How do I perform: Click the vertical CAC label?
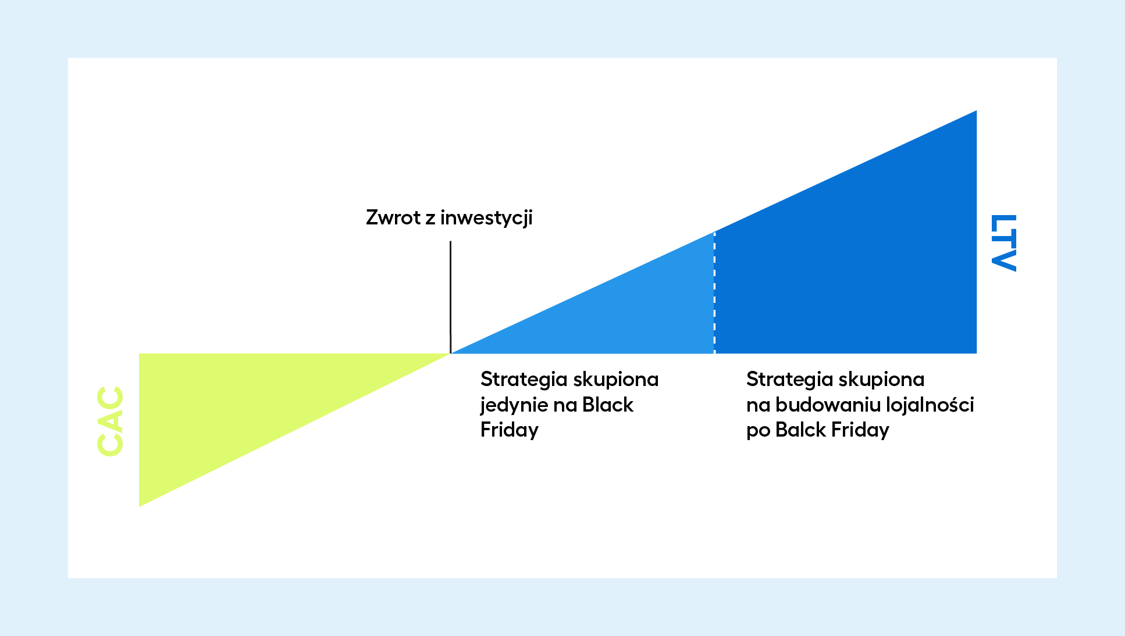110,421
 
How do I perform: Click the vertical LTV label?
1003,242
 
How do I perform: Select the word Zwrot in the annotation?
393,217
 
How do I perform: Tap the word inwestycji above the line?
486,218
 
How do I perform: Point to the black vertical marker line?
450,296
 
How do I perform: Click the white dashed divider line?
714,292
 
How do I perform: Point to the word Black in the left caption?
607,405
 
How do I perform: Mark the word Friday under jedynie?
510,430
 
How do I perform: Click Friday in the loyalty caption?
860,430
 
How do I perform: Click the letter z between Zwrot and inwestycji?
430,219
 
